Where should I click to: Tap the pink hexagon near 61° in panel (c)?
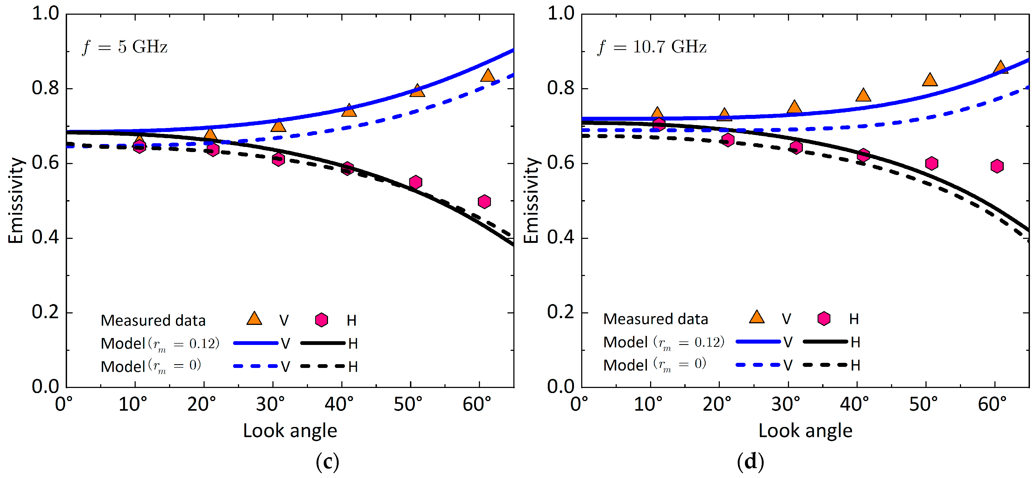[x=485, y=201]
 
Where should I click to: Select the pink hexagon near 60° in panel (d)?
[x=997, y=166]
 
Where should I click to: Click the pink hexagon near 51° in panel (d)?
[x=932, y=163]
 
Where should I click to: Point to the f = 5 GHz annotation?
[x=124, y=47]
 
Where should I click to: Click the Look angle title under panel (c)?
[x=290, y=430]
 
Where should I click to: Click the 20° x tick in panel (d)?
[x=717, y=404]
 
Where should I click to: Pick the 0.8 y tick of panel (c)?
[x=45, y=88]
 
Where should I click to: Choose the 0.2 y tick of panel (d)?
[x=561, y=312]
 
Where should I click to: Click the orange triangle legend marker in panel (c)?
[x=254, y=319]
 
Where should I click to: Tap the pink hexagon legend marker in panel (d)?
[x=824, y=318]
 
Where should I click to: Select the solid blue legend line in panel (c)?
[x=256, y=343]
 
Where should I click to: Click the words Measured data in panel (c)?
[x=153, y=320]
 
